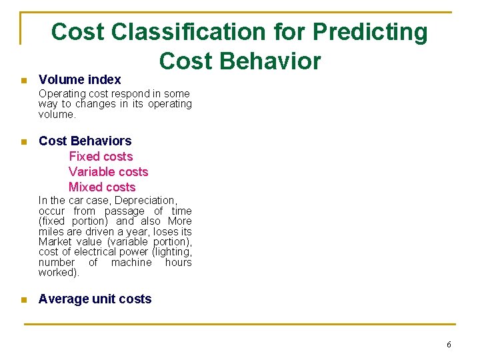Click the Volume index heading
point(79,79)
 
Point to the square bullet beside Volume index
point(23,80)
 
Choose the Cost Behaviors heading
point(85,141)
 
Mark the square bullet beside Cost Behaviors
point(23,141)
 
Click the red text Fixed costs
point(101,157)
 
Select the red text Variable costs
point(108,172)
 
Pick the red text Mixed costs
point(101,187)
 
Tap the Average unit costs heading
point(95,299)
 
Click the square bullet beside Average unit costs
point(23,300)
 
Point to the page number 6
point(449,345)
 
